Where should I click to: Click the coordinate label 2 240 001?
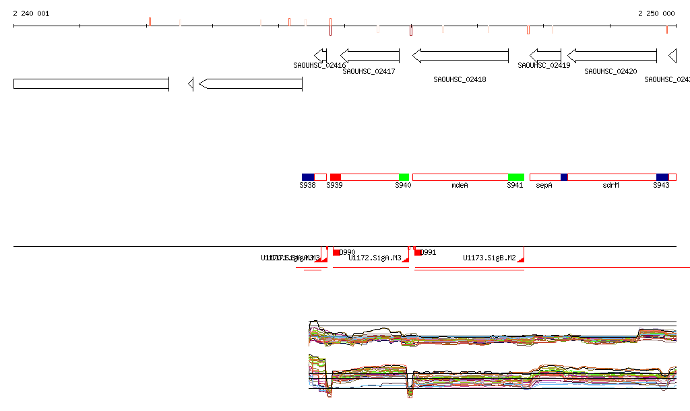click(x=31, y=13)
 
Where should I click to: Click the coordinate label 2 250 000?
click(x=656, y=13)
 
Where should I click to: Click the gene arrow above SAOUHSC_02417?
click(x=370, y=56)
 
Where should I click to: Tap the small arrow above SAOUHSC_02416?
click(x=321, y=56)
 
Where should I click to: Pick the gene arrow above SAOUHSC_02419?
click(x=545, y=56)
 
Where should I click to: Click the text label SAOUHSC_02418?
click(x=460, y=79)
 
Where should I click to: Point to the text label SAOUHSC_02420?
click(x=610, y=71)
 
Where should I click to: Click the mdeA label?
click(x=460, y=185)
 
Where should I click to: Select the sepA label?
click(x=544, y=185)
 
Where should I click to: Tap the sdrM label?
click(x=610, y=185)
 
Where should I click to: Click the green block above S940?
click(x=404, y=177)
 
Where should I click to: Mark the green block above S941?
click(x=515, y=177)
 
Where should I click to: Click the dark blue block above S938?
click(x=308, y=177)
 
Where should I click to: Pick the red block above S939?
click(x=335, y=177)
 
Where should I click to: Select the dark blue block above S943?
click(x=662, y=177)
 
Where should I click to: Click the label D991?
click(x=428, y=253)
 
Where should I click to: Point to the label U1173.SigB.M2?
click(x=489, y=258)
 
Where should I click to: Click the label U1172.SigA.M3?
click(x=375, y=258)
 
